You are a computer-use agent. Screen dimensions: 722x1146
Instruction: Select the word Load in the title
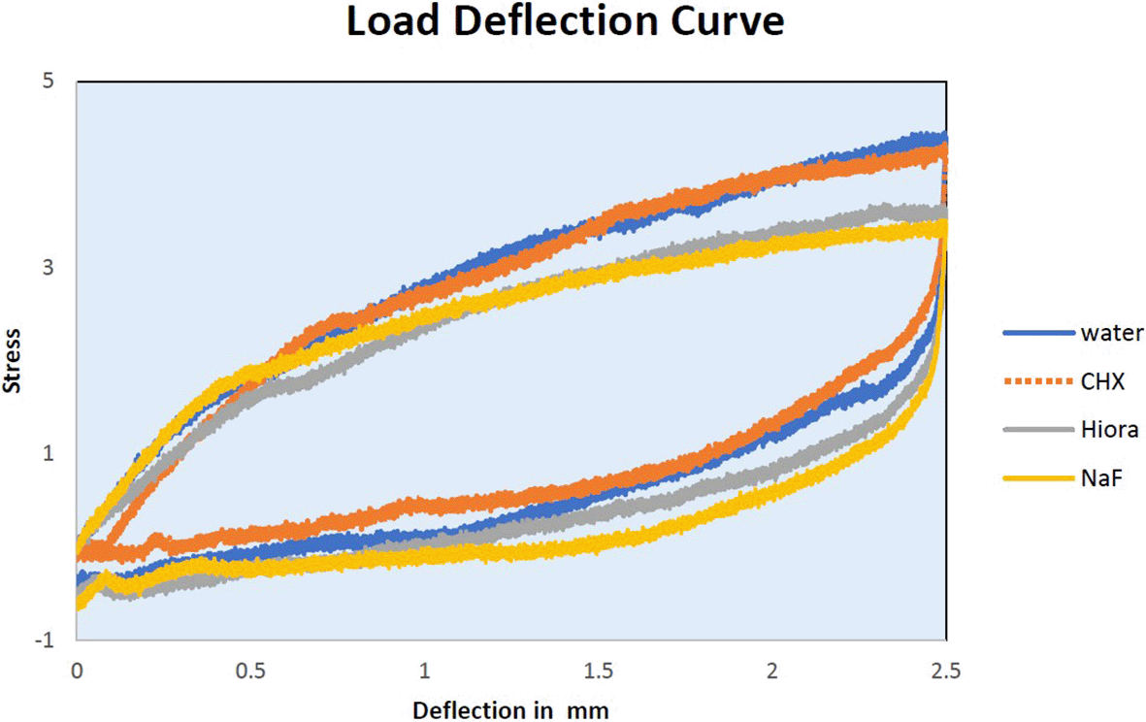point(386,22)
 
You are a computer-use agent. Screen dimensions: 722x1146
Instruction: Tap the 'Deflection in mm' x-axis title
point(510,710)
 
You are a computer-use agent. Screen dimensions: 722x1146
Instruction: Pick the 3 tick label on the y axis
point(47,268)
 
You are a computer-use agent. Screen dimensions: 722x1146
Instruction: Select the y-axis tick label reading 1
point(47,454)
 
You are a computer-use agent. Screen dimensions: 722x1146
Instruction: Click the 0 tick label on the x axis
point(76,672)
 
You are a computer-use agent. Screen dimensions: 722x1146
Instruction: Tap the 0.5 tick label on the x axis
point(249,672)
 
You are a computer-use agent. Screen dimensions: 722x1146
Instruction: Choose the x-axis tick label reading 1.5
point(598,672)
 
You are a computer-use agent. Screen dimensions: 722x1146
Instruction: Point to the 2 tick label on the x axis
point(771,672)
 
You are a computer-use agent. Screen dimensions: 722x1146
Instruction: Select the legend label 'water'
point(1112,333)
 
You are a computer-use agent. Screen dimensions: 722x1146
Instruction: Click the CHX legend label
point(1102,381)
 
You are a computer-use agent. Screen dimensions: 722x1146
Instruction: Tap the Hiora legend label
point(1107,429)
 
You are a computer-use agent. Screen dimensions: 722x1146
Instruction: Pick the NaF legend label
point(1100,476)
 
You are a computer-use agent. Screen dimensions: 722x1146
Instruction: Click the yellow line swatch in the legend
point(1036,476)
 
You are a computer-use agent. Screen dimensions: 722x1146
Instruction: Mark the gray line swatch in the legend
point(1036,429)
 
